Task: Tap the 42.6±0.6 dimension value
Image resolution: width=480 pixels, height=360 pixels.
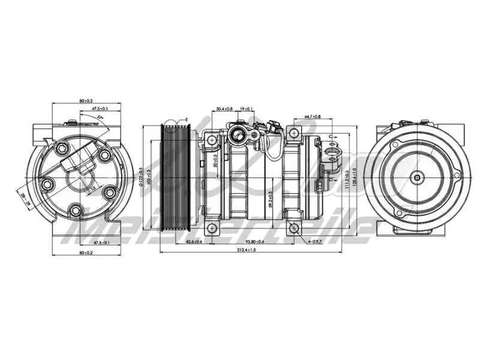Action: pos(194,242)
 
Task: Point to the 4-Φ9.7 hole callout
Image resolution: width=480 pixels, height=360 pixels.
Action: pos(315,241)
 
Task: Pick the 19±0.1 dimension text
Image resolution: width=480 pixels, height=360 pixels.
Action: pos(246,109)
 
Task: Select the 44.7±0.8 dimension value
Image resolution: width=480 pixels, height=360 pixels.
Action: pos(312,116)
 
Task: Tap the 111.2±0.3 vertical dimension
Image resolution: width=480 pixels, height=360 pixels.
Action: pos(347,179)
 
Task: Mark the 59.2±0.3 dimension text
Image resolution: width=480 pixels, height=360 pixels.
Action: pos(271,198)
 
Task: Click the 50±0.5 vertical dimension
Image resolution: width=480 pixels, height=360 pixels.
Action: pos(216,161)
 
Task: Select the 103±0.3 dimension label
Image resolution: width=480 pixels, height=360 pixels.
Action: pos(150,178)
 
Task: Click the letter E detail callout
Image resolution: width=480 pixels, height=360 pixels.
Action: pos(187,120)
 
